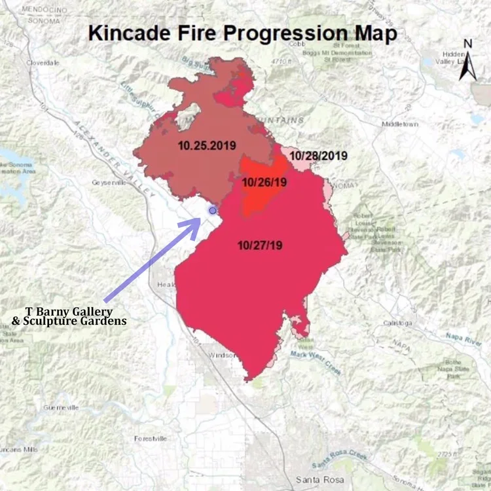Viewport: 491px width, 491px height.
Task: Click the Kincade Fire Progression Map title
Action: [242, 33]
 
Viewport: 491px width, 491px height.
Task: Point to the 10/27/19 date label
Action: [261, 245]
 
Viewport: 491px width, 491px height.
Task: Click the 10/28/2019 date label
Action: [318, 156]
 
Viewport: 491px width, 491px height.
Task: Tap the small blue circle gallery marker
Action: [212, 210]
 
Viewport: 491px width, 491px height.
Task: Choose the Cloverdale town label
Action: [44, 62]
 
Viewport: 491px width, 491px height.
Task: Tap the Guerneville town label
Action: [61, 407]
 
